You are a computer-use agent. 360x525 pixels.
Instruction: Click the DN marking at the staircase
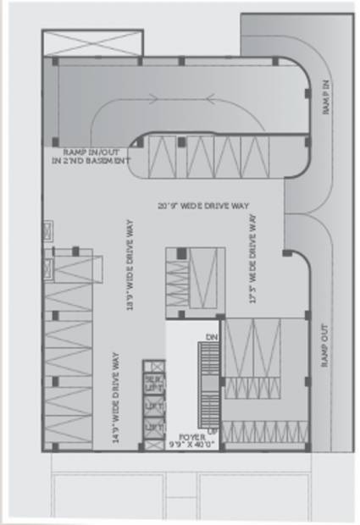click(x=213, y=336)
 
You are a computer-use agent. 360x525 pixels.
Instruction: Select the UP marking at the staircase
click(x=213, y=430)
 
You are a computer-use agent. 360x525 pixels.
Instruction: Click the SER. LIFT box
click(x=154, y=383)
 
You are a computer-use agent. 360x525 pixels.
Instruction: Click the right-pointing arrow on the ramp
click(x=154, y=98)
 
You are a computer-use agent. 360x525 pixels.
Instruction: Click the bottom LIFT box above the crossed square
click(x=154, y=427)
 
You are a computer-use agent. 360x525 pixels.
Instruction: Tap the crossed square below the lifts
click(x=154, y=444)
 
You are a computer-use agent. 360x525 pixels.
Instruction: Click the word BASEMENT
click(x=109, y=159)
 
